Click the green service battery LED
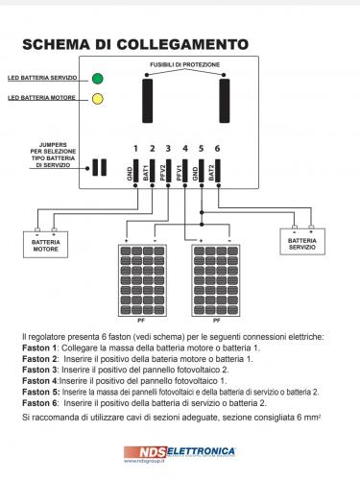tap(98, 79)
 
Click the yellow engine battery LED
tap(98, 99)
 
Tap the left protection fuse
tap(147, 101)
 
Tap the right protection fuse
tap(225, 101)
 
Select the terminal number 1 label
tap(135, 149)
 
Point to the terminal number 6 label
tap(217, 149)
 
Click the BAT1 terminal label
tap(146, 173)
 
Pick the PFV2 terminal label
tap(162, 173)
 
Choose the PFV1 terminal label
tap(179, 173)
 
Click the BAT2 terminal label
tap(211, 173)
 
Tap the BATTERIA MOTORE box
tap(45, 245)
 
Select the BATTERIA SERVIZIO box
tap(302, 242)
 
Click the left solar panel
tap(142, 280)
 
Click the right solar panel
tap(216, 280)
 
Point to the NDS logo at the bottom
tap(145, 452)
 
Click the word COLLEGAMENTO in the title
tap(182, 44)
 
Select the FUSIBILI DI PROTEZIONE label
tap(185, 64)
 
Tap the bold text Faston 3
tap(39, 370)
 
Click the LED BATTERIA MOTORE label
tap(41, 98)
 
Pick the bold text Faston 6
tap(39, 403)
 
